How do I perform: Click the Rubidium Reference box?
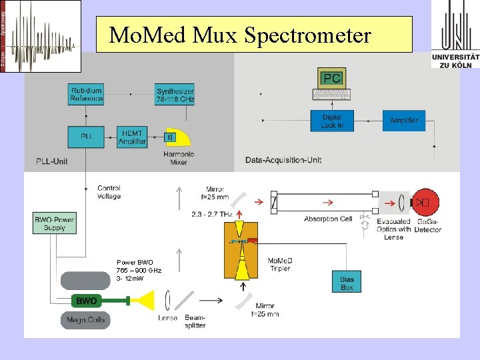click(x=87, y=95)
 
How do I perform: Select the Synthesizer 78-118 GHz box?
click(x=175, y=95)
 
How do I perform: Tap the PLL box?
click(x=87, y=137)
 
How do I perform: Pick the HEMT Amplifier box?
click(x=132, y=137)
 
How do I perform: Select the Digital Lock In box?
click(x=332, y=121)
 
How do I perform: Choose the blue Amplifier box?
click(x=403, y=121)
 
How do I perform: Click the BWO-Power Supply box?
click(x=55, y=223)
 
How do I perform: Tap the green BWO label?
click(x=86, y=301)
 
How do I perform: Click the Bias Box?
click(x=347, y=283)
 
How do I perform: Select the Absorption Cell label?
click(x=327, y=219)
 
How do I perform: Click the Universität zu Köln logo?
click(x=455, y=35)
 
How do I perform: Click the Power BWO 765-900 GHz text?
click(x=138, y=270)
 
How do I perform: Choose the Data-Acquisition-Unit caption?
click(x=283, y=160)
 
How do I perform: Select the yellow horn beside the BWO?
click(x=145, y=300)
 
